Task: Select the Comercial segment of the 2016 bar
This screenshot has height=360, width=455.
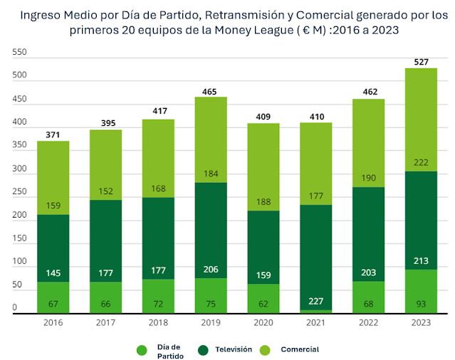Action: (53, 178)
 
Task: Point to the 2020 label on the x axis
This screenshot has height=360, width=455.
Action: (263, 322)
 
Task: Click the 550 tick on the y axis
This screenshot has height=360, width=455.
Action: (19, 53)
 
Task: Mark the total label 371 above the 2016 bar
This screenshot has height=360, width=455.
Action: (53, 135)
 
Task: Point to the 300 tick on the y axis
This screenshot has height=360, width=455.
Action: (19, 169)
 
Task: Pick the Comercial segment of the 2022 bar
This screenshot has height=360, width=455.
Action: (369, 143)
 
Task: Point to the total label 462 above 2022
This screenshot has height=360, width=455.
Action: (369, 92)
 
